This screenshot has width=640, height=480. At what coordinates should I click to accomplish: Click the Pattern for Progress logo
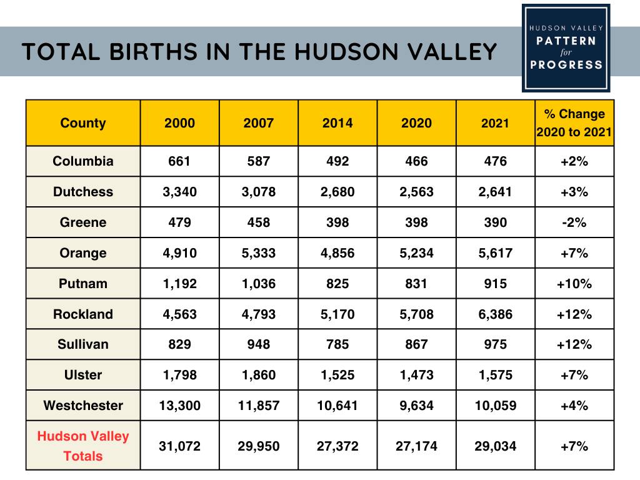566,47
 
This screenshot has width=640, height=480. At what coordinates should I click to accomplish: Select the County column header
83,123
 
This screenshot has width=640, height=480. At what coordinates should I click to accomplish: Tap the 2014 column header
337,123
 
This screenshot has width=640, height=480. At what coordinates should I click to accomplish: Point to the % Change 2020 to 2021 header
574,123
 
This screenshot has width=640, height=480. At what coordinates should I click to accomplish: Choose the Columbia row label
83,161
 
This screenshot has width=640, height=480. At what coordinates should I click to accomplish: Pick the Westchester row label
83,406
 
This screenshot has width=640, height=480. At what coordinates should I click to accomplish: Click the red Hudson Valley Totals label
83,446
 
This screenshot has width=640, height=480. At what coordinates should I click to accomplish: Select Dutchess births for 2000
179,192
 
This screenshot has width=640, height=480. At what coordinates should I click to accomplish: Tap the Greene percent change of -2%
574,222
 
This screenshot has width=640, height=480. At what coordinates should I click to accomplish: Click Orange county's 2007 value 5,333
259,253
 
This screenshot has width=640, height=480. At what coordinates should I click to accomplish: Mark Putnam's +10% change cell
574,284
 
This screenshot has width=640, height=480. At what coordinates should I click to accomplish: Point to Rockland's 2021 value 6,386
496,314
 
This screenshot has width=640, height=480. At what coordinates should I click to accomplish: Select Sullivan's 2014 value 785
337,344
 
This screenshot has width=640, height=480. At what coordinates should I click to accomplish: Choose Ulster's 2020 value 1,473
416,375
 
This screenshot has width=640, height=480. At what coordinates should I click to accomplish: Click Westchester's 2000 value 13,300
179,406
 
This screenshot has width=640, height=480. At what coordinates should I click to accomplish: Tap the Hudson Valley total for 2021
496,446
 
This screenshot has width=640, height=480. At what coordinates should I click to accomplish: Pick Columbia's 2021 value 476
496,161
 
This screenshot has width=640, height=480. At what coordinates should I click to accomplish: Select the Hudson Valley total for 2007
259,446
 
